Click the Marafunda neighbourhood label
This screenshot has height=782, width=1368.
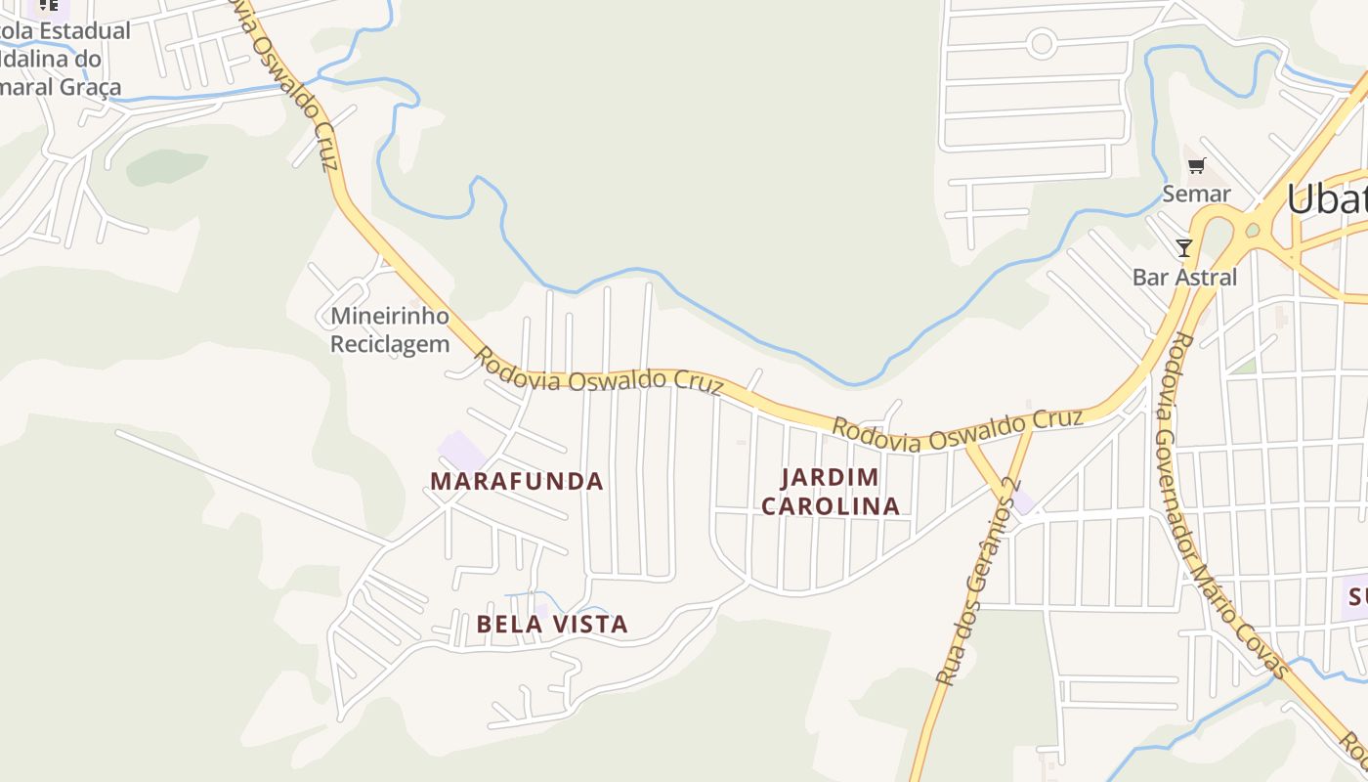point(516,481)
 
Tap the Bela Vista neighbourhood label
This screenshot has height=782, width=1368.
point(552,624)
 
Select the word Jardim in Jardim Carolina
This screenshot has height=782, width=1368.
point(830,478)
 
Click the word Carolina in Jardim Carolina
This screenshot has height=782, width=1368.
point(830,506)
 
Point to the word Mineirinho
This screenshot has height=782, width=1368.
point(389,316)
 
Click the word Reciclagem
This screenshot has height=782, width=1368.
point(389,344)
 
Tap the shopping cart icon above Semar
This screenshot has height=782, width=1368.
point(1197,166)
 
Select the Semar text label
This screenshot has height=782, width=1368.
point(1196,194)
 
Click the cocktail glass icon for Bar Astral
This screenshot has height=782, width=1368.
point(1184,248)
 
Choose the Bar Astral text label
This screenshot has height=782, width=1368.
point(1184,278)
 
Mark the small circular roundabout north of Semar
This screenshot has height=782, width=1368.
point(1042,43)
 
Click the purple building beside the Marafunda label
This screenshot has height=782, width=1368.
point(462,451)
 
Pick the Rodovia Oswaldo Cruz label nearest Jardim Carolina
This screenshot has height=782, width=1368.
point(958,430)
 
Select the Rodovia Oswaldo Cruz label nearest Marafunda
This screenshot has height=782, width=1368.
point(598,376)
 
